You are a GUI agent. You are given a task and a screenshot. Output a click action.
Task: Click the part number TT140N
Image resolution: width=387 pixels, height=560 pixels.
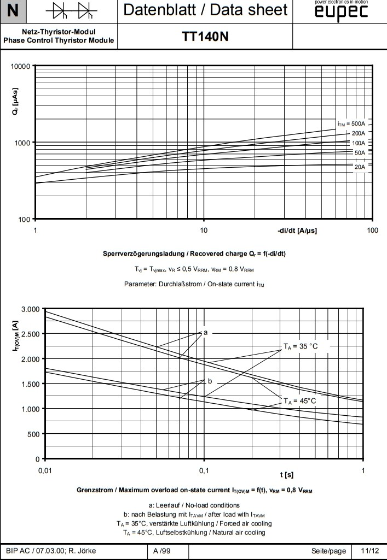(x=205, y=37)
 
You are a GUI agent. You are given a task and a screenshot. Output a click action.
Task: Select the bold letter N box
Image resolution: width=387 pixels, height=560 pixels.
(x=13, y=10)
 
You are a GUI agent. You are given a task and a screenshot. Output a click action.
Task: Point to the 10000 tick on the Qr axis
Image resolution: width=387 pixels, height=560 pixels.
(x=20, y=66)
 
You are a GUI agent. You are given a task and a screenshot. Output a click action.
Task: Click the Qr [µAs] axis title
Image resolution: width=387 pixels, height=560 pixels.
(x=15, y=102)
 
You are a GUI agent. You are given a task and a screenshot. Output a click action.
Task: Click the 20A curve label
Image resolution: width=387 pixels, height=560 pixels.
(x=359, y=167)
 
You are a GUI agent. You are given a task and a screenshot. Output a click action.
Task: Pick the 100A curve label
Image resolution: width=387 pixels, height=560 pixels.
(x=359, y=143)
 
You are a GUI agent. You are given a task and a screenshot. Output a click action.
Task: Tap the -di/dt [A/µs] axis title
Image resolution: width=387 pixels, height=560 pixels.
(x=297, y=230)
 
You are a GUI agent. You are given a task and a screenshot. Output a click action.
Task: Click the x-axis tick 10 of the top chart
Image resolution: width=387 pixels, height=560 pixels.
(x=204, y=230)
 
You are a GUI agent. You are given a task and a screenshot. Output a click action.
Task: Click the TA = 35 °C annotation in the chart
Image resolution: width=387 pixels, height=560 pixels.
(x=300, y=346)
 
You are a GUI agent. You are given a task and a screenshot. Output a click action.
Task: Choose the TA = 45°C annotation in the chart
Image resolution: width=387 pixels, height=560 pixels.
(x=299, y=400)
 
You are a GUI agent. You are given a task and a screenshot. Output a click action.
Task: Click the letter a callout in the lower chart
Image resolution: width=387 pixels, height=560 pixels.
(x=205, y=332)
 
